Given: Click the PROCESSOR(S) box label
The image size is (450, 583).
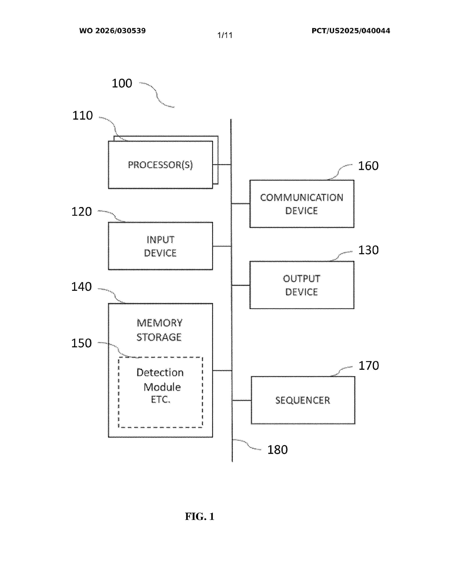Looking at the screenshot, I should (160, 165).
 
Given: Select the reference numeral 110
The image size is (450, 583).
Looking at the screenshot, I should (82, 116).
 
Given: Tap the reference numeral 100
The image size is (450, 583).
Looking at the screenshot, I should (122, 84).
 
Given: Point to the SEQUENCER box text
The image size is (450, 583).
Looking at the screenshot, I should (303, 400).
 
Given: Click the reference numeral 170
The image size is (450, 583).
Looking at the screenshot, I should (368, 366).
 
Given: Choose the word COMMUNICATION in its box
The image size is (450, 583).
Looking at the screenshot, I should (302, 198).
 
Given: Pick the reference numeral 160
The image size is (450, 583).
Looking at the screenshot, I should (368, 166).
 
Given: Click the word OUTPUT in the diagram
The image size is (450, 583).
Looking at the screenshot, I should (302, 279).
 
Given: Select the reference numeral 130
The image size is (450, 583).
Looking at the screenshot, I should (368, 250).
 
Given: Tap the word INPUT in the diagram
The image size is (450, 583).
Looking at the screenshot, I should (160, 240).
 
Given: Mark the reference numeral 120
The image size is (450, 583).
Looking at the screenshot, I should (81, 212).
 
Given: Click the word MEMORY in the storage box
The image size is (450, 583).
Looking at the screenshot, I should (159, 323).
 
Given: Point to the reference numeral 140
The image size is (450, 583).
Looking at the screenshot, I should (81, 287).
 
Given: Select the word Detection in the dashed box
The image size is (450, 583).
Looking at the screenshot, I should (160, 372).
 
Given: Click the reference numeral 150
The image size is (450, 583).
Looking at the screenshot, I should (81, 343).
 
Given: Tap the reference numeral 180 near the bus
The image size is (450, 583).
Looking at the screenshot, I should (277, 450).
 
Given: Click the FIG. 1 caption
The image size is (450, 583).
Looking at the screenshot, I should (200, 517).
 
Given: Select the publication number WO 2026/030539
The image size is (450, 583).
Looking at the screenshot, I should (113, 31).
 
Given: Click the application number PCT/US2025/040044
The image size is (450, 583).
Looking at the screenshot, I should (351, 31).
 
